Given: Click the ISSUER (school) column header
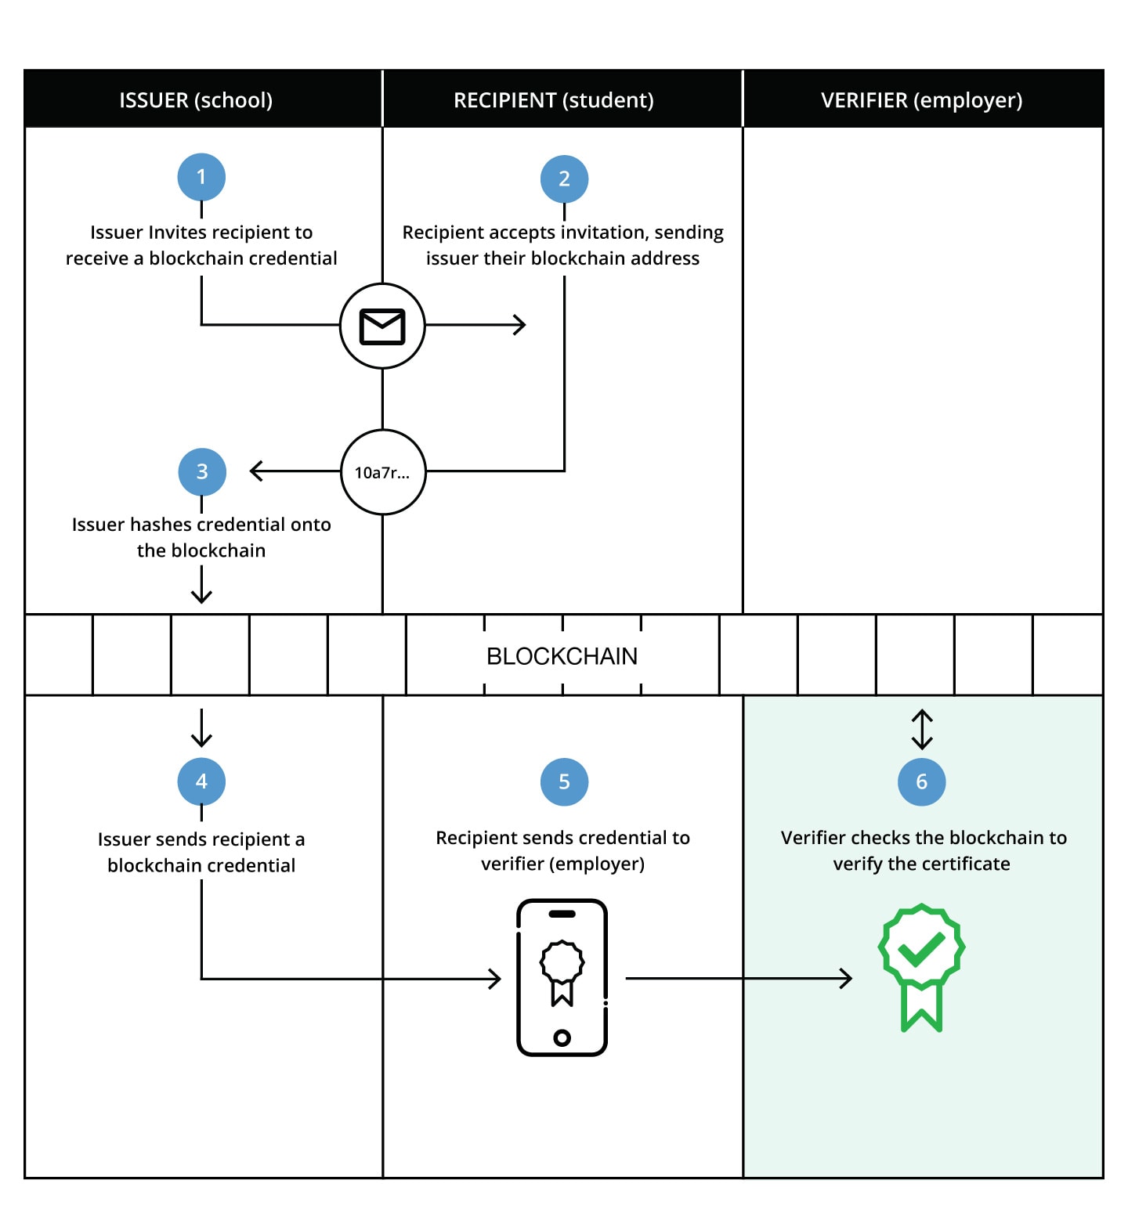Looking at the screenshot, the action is [x=196, y=100].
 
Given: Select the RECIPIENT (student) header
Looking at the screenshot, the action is [x=554, y=100].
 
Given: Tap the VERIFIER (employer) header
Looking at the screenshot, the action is [x=922, y=100].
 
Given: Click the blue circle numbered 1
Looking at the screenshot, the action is [x=201, y=177].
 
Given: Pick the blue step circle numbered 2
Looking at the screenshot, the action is [x=564, y=179].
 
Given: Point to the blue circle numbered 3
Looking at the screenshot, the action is [x=202, y=471].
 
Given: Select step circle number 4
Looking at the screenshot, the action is [x=201, y=781].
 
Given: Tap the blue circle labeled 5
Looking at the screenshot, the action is [x=564, y=781].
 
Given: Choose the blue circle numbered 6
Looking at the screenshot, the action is [x=921, y=781].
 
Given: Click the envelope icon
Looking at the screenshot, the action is [x=382, y=327].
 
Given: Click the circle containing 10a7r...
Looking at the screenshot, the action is [x=383, y=472].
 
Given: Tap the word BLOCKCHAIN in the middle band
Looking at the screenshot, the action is [x=562, y=656].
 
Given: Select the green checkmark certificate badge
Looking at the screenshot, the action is [x=921, y=968].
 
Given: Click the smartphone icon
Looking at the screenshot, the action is [x=562, y=977].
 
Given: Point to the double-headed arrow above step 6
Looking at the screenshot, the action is [x=922, y=729].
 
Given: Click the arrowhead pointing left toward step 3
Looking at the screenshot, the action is [x=256, y=471].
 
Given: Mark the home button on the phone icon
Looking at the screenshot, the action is [x=562, y=1037].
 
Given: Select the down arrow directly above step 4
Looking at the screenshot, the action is [x=201, y=728].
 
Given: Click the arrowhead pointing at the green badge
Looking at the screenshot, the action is [x=846, y=978].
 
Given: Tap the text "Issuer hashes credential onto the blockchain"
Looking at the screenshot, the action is [x=201, y=537].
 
